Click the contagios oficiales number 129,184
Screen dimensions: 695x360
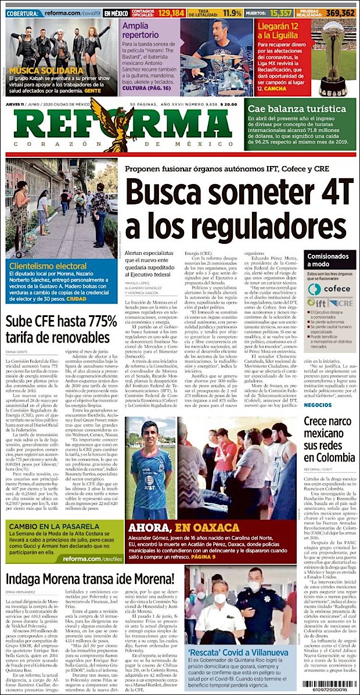click(x=170, y=12)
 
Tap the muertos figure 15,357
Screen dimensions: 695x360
click(x=279, y=12)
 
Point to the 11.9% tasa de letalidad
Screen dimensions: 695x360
click(x=232, y=12)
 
